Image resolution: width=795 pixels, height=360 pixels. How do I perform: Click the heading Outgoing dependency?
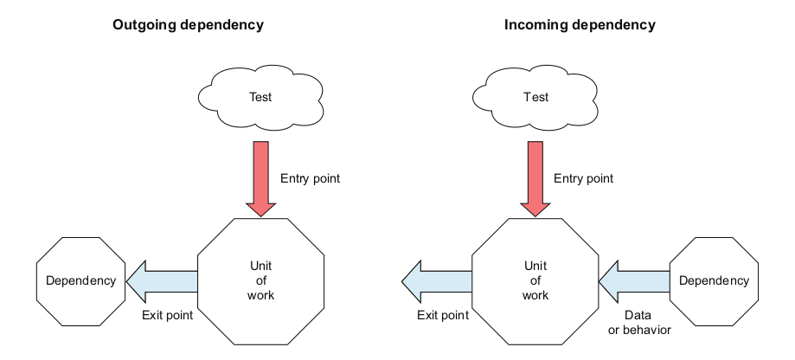point(188,25)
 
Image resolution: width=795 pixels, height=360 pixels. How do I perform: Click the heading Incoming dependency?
point(580,25)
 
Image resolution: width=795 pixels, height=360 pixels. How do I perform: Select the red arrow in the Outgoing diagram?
point(260,177)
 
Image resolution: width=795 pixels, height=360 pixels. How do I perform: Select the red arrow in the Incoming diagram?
point(535,177)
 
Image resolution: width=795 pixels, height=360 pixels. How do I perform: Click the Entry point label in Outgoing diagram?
point(310,179)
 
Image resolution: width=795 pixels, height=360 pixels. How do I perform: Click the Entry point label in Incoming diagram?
point(583,179)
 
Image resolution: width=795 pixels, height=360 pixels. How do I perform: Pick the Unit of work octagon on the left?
point(260,280)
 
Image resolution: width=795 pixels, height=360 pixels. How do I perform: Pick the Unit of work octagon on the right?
point(535,280)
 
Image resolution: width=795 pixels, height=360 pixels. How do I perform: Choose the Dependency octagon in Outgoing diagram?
point(80,280)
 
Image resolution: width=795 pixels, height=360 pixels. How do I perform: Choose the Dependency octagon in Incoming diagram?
point(714,280)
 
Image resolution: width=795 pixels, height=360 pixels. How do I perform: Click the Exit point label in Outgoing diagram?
point(167,315)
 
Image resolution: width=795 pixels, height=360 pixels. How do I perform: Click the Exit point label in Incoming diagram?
point(443,315)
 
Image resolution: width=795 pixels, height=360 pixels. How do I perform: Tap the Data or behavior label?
point(641,322)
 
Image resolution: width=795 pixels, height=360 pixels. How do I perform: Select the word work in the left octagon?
point(260,295)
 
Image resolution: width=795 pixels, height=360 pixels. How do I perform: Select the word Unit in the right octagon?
point(535,266)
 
